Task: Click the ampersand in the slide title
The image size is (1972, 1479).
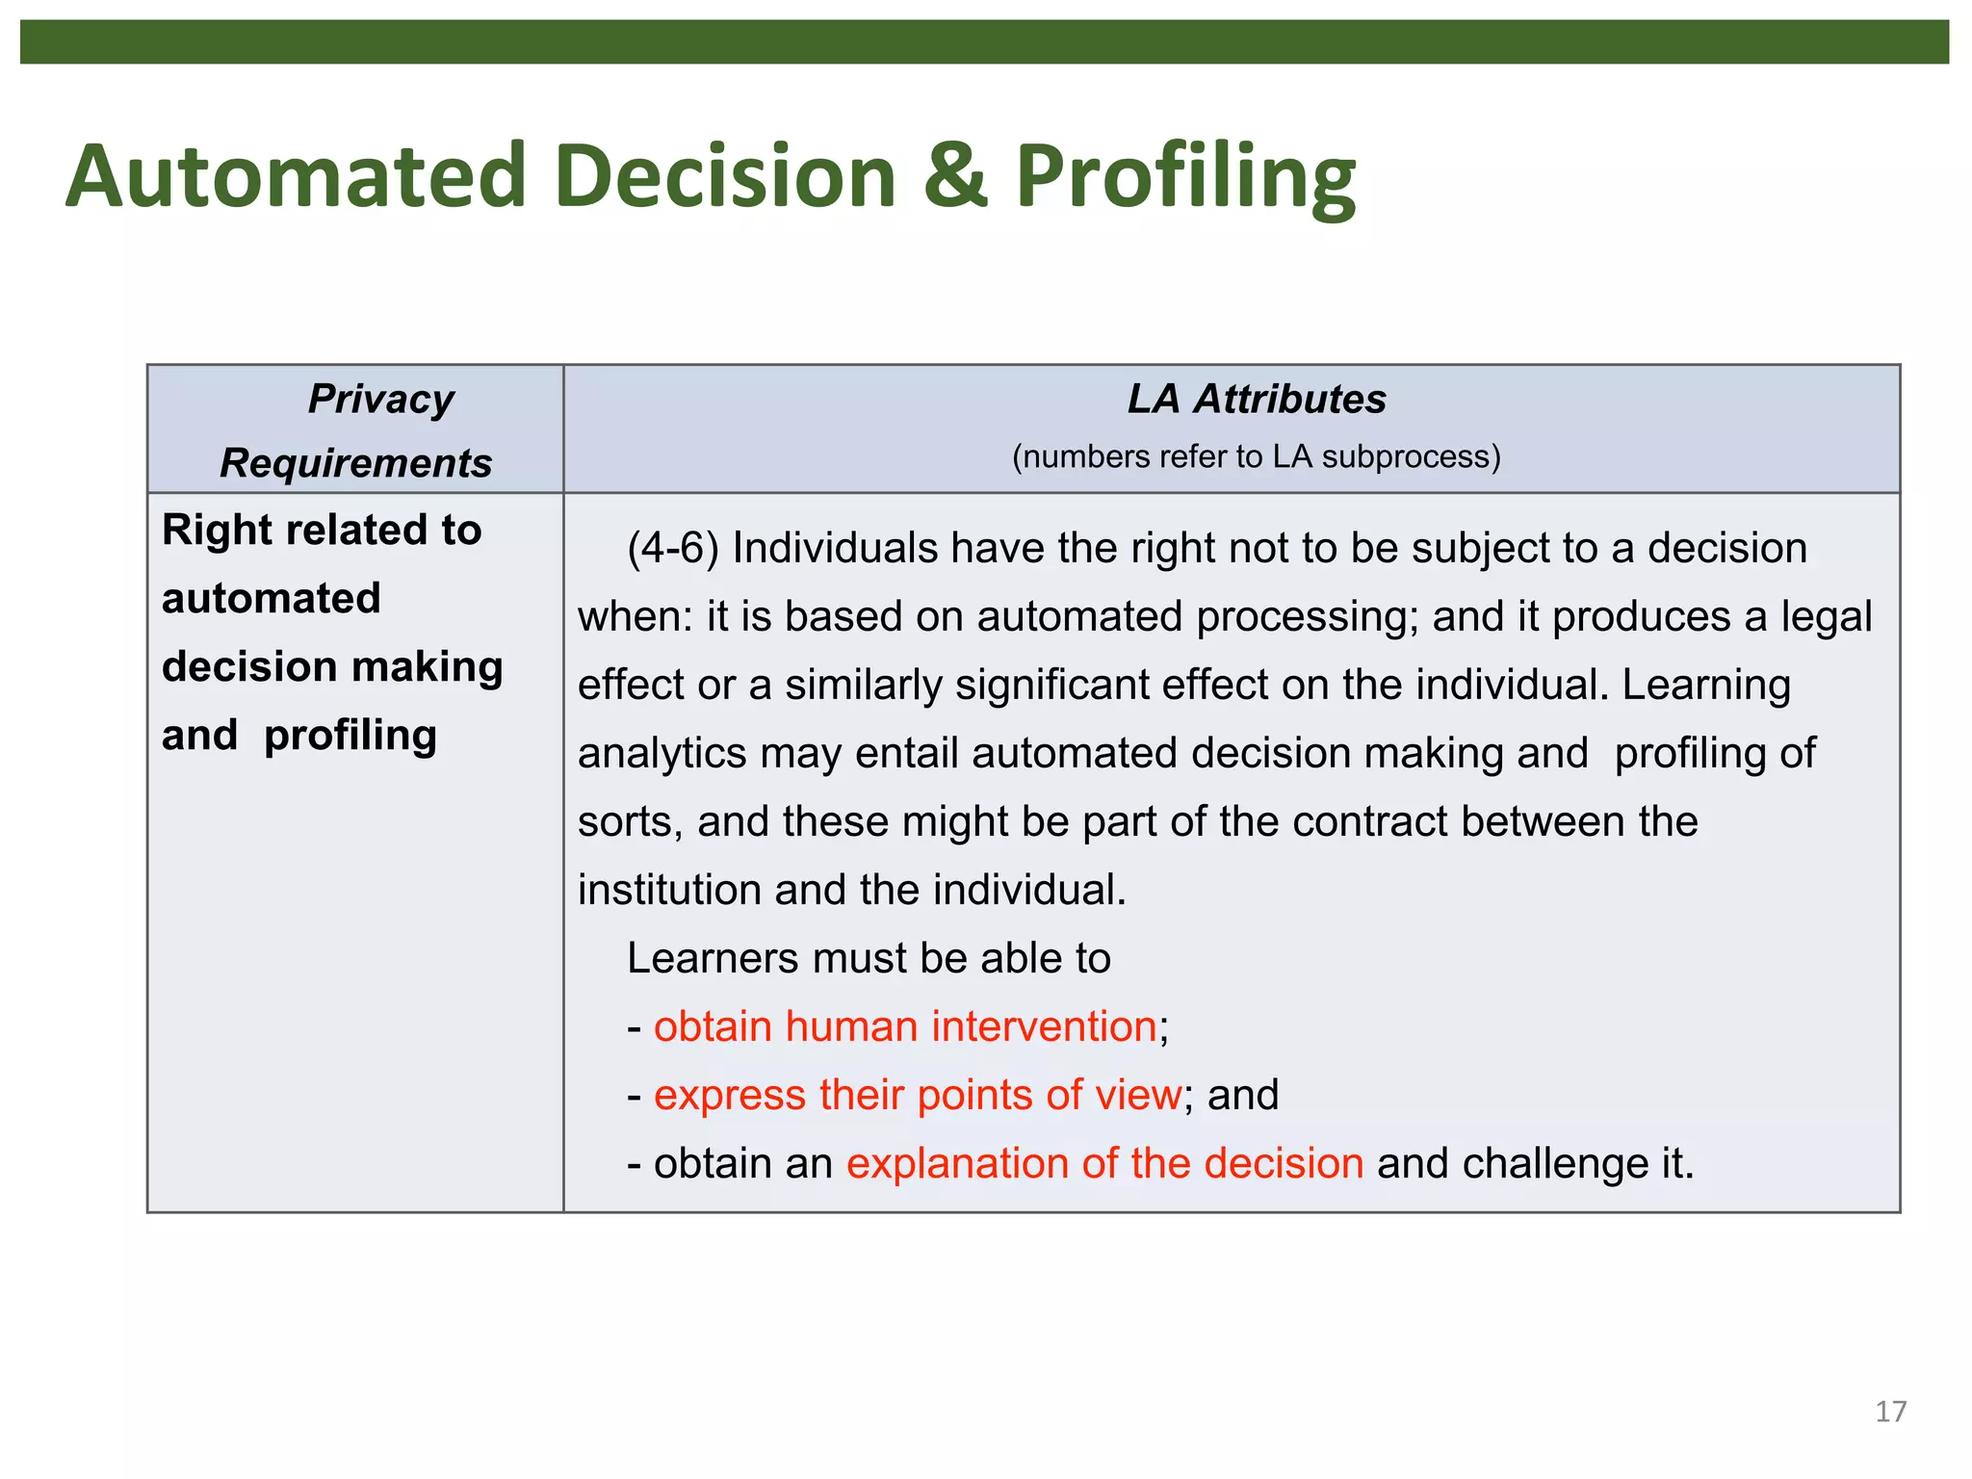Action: point(954,176)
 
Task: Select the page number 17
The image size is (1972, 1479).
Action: point(1890,1412)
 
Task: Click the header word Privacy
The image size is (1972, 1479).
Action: point(380,399)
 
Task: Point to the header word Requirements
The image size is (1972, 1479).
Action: point(355,463)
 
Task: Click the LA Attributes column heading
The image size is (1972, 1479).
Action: point(1256,399)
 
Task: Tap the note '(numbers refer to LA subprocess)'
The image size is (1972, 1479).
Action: point(1256,456)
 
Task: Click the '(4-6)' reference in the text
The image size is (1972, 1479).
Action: point(672,549)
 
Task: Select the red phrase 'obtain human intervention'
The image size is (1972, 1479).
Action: point(904,1026)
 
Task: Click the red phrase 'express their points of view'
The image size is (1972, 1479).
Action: point(917,1095)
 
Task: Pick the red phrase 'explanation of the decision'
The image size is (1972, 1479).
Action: point(1104,1163)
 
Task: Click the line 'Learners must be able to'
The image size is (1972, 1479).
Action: point(869,958)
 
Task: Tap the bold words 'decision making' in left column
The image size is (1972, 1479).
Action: point(332,666)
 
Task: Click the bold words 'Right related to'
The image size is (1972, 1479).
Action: point(322,530)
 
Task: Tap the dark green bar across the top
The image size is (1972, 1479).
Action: point(984,42)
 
